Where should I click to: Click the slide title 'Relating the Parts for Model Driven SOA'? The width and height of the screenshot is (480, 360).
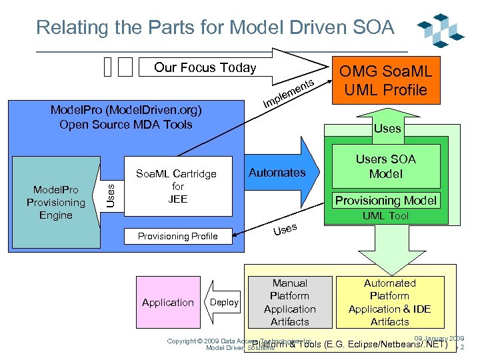click(215, 27)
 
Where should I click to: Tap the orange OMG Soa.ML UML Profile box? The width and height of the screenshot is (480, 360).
click(387, 79)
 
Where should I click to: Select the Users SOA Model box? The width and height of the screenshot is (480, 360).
click(385, 166)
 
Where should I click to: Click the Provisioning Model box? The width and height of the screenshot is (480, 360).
click(385, 200)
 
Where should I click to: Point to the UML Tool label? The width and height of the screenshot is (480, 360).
click(385, 216)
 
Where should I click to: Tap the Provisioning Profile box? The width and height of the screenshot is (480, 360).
click(177, 236)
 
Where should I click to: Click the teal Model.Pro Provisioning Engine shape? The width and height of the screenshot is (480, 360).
click(55, 203)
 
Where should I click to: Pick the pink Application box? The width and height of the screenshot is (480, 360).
click(167, 302)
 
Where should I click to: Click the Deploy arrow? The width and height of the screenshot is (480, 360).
click(222, 302)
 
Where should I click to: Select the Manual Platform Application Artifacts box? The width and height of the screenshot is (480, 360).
click(289, 302)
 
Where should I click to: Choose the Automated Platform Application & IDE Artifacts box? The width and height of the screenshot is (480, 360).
click(389, 302)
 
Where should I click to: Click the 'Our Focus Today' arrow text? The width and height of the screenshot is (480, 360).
click(205, 67)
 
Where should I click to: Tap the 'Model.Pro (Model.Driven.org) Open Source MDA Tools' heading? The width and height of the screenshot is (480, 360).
click(126, 117)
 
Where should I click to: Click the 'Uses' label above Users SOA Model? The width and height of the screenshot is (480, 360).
click(387, 128)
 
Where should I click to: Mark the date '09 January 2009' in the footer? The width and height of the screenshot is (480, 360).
click(439, 339)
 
